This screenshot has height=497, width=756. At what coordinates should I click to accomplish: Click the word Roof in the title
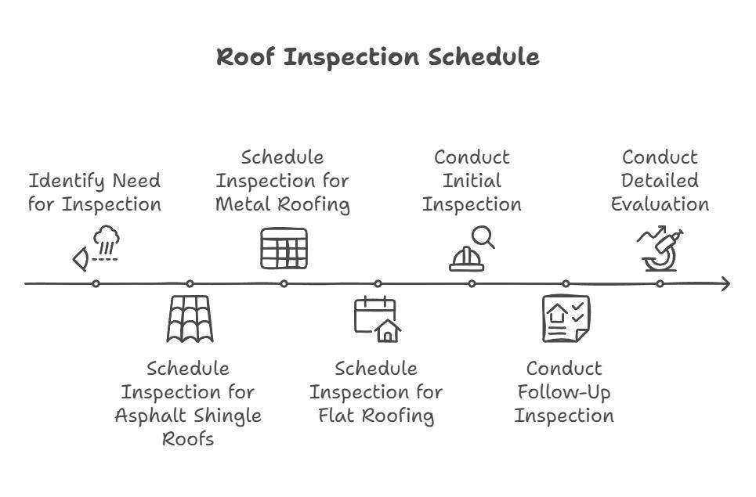[245, 57]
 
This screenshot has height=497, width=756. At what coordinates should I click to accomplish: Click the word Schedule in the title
[483, 57]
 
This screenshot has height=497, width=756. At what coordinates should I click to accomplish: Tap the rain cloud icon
[107, 239]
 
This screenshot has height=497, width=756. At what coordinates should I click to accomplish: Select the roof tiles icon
[190, 319]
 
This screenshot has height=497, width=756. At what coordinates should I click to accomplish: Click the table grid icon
[284, 249]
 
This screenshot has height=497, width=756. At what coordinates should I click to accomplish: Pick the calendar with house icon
[378, 319]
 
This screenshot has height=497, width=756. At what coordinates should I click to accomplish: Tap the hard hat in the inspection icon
[466, 259]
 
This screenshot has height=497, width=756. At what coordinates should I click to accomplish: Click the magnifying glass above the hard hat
[483, 237]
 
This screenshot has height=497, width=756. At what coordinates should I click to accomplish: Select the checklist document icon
[566, 319]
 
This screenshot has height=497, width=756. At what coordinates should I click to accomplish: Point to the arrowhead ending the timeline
[726, 283]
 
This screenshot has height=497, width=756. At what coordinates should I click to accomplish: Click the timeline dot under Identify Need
[96, 283]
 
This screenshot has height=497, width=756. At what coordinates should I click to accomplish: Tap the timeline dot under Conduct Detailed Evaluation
[660, 283]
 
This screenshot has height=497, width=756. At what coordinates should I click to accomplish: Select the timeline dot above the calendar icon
[378, 283]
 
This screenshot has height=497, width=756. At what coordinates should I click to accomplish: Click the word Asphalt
[150, 416]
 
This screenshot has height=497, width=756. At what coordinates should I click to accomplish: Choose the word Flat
[337, 415]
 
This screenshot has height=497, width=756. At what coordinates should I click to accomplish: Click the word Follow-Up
[563, 392]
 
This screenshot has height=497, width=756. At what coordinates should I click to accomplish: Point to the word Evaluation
[660, 204]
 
